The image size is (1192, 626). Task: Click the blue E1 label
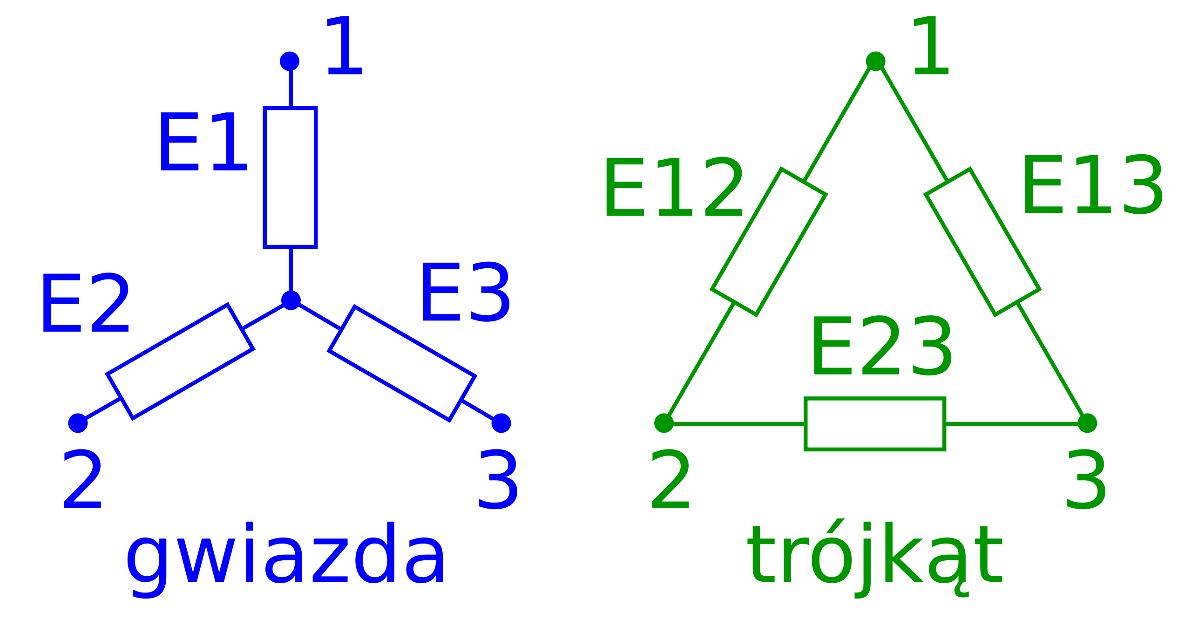203,142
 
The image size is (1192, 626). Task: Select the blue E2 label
85,303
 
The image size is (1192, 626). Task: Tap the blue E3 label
465,292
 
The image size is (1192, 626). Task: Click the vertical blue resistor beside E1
290,177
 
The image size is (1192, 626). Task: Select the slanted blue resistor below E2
180,362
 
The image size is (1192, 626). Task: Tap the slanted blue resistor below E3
402,364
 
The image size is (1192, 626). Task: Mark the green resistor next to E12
769,242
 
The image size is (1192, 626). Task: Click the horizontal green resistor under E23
875,424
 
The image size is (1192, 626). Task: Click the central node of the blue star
291,300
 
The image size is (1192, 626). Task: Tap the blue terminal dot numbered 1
290,61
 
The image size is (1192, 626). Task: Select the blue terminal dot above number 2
78,423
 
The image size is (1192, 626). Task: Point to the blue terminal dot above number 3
501,423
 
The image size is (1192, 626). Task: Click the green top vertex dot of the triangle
875,61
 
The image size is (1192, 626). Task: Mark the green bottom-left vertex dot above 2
664,423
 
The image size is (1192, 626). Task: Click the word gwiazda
285,559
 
